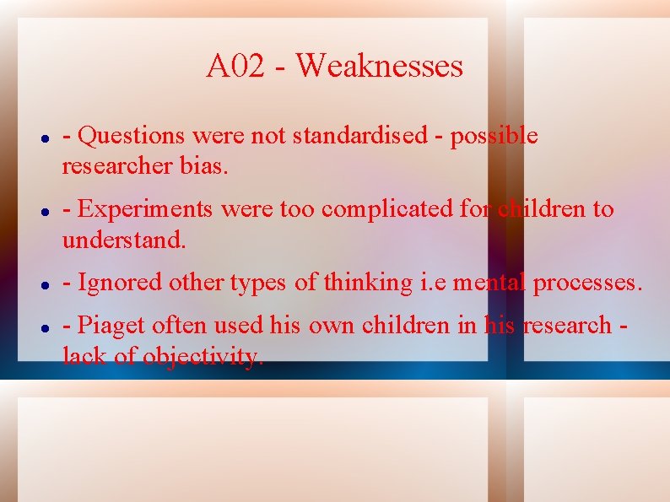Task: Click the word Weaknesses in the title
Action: pyautogui.click(x=380, y=66)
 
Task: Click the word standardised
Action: pyautogui.click(x=360, y=136)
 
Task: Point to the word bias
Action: pyautogui.click(x=204, y=167)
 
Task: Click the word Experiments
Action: pyautogui.click(x=145, y=209)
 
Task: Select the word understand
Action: pyautogui.click(x=123, y=240)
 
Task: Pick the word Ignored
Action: pyautogui.click(x=121, y=283)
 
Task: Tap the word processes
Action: pyautogui.click(x=587, y=283)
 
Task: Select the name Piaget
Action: pyautogui.click(x=111, y=325)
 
